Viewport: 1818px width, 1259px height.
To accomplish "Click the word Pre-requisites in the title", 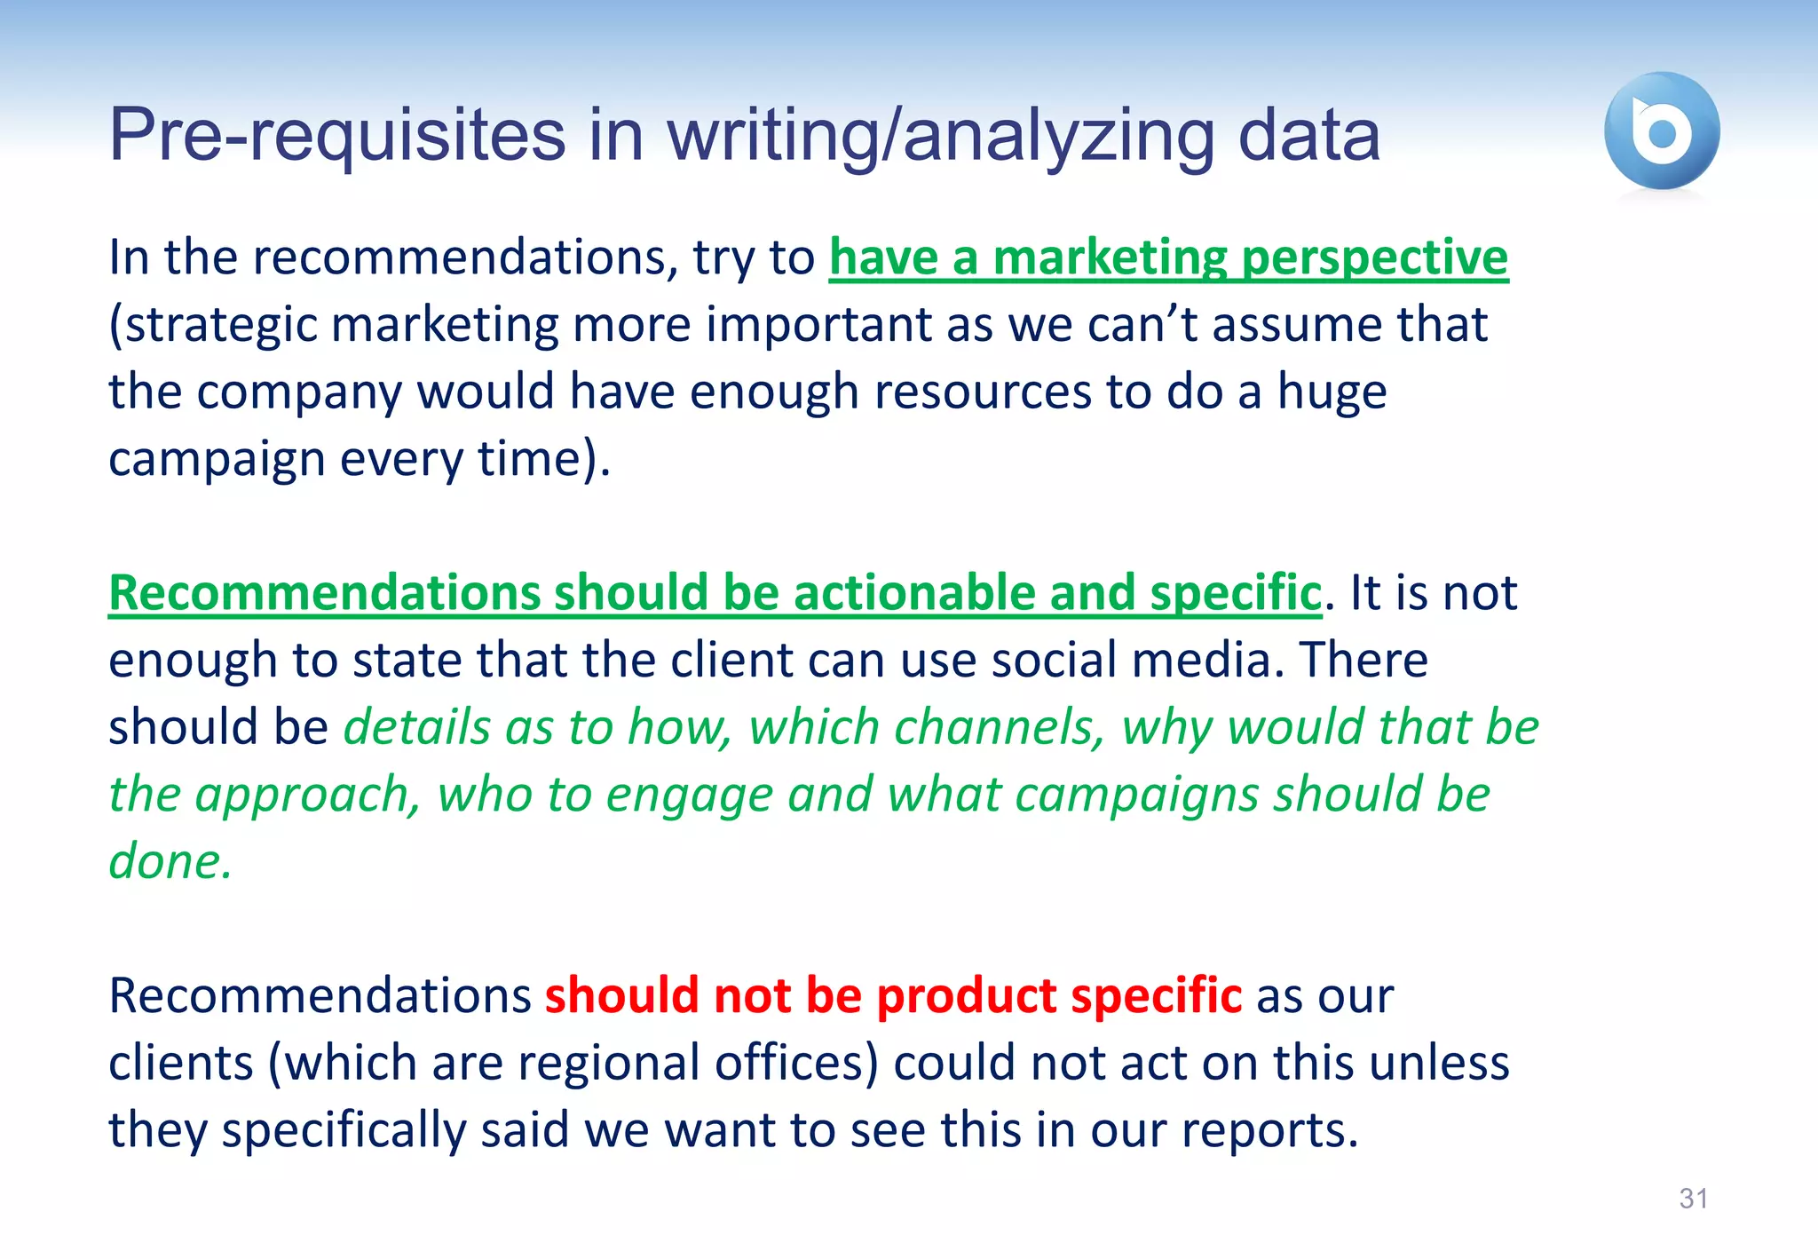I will point(337,135).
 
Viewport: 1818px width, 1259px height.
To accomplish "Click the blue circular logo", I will point(1662,131).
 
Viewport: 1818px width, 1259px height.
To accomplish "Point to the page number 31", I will point(1693,1199).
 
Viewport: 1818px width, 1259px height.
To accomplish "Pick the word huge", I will point(1332,392).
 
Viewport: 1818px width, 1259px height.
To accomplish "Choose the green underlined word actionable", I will point(913,593).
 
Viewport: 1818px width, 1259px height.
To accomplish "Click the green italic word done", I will point(170,861).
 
